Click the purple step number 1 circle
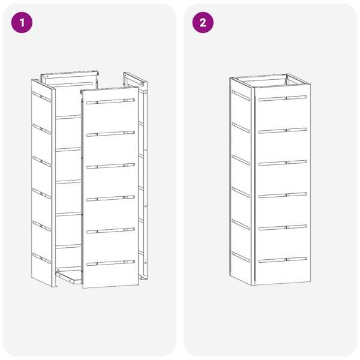tap(22, 23)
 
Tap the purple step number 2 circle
tap(203, 23)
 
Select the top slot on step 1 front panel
tap(110, 101)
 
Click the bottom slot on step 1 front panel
tap(110, 263)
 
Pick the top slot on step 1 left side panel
tap(41, 97)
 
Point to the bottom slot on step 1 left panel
tap(41, 258)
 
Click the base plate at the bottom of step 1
tap(68, 276)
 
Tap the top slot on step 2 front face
tap(283, 98)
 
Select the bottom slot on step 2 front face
tap(283, 260)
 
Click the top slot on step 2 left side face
tap(241, 95)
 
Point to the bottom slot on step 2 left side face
tap(241, 257)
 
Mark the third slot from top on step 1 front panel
tap(110, 166)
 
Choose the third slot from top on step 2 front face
tap(283, 163)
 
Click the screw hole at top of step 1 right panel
tap(142, 85)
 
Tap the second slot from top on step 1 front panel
tap(110, 134)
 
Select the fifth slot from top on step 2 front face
tap(283, 227)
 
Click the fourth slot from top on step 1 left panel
tap(41, 194)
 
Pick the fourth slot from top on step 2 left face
tap(241, 193)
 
